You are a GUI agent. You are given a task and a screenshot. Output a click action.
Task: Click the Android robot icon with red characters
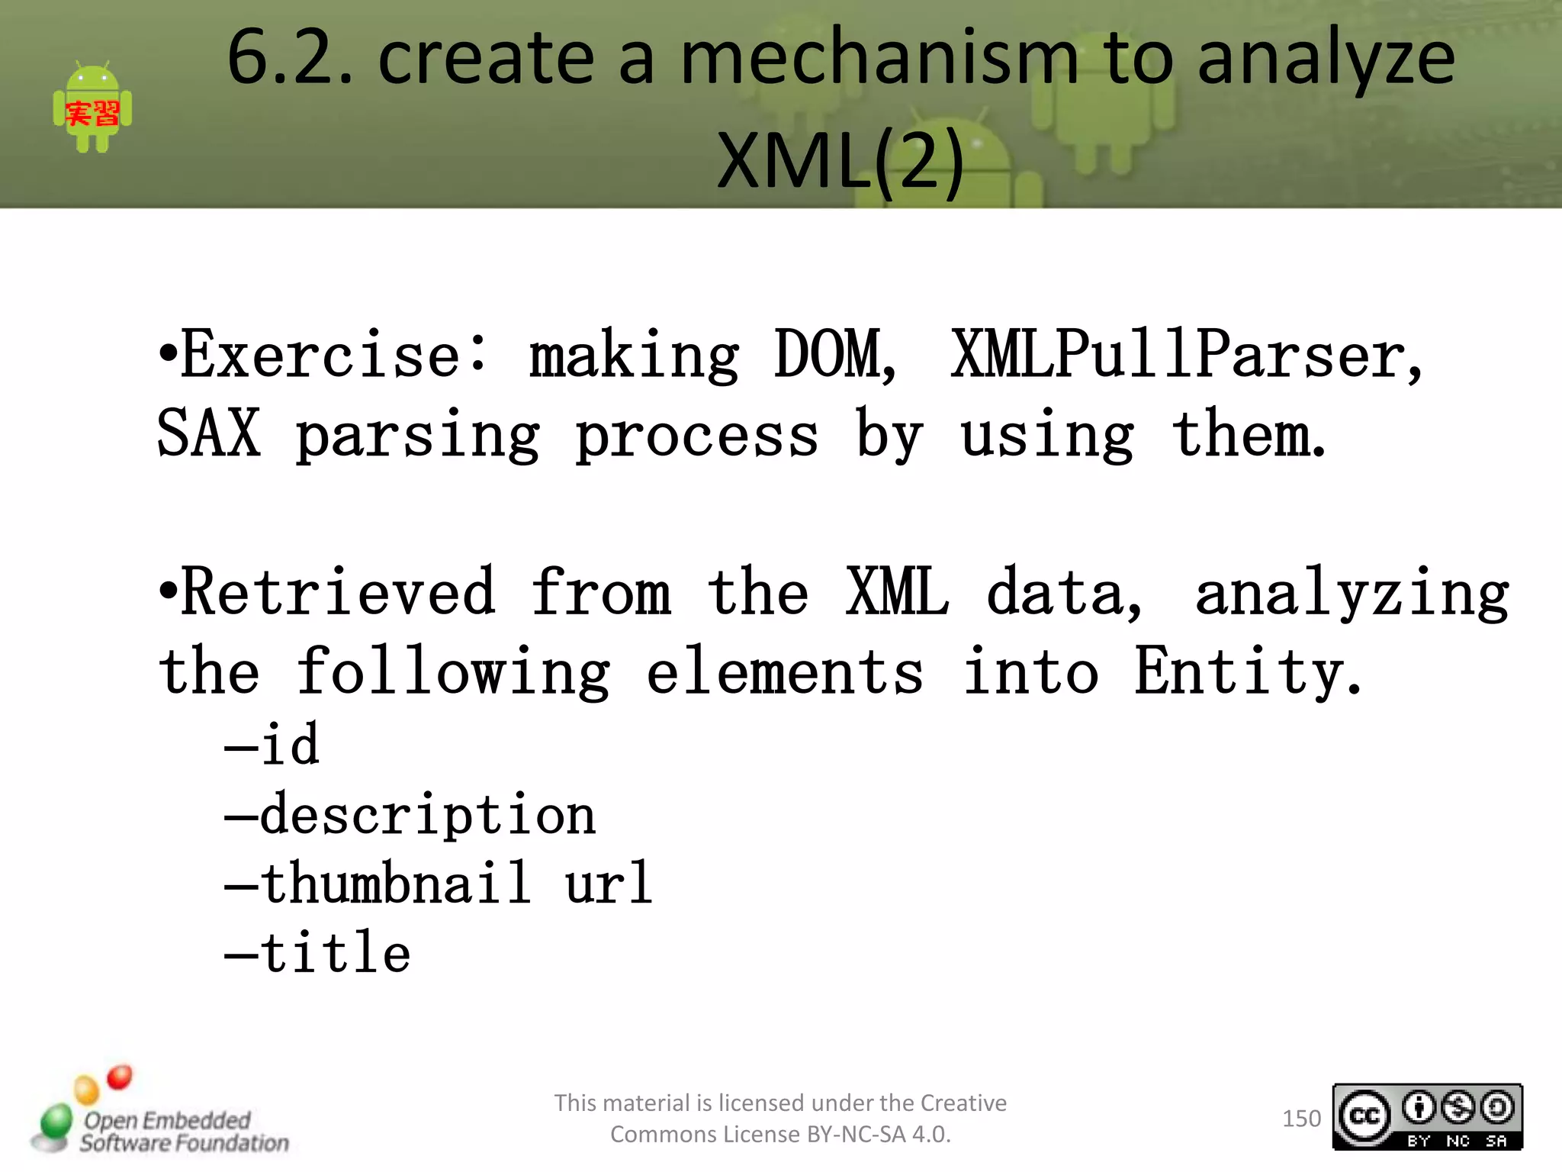coord(92,107)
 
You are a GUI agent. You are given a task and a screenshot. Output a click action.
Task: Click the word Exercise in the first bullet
coord(321,356)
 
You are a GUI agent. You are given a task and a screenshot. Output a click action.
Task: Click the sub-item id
coord(289,745)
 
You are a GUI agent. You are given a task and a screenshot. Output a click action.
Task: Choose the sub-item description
coord(427,815)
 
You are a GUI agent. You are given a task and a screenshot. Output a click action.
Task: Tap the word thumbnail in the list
coord(395,884)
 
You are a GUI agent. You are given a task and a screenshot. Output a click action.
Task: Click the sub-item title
coord(335,954)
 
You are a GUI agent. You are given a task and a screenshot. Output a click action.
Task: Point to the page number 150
coord(1301,1119)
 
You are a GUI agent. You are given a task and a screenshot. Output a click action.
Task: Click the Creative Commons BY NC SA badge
coord(1427,1117)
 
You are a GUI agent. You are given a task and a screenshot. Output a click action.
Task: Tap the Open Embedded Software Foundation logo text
coord(183,1132)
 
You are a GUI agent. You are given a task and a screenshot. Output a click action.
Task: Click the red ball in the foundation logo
coord(120,1077)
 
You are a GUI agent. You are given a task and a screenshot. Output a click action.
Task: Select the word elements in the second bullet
coord(785,671)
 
